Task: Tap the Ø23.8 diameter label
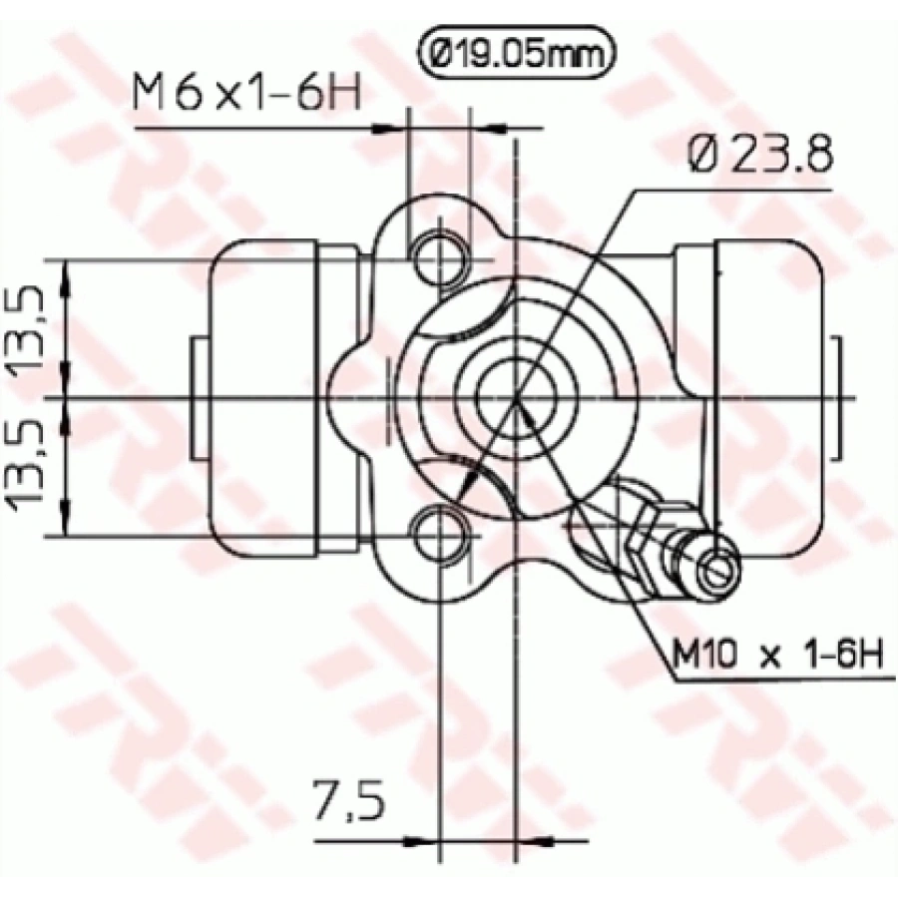(x=759, y=158)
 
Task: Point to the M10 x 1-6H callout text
(x=775, y=657)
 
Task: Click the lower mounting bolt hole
(x=440, y=535)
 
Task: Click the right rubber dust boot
(x=763, y=397)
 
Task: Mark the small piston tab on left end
(x=199, y=397)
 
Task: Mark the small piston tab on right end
(x=836, y=397)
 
